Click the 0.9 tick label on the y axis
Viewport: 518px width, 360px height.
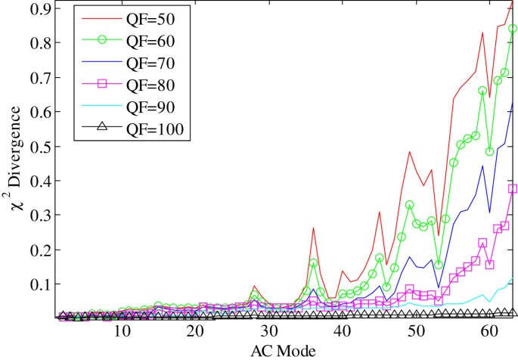[36, 9]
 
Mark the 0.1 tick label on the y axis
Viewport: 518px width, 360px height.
[36, 284]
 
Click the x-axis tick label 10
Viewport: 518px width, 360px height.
[121, 333]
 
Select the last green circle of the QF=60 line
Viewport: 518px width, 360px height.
[513, 29]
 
